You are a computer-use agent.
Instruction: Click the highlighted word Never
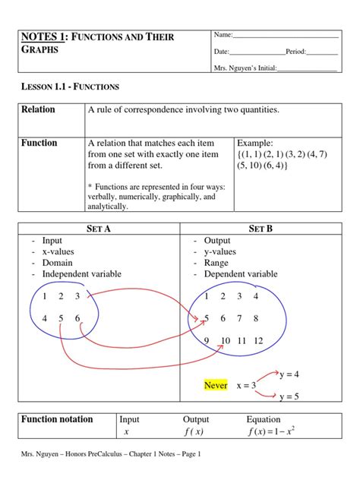point(216,385)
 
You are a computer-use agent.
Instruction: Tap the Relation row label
point(39,109)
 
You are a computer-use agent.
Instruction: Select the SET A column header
point(98,229)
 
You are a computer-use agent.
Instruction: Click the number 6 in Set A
point(78,318)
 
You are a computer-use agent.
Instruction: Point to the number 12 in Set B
point(259,341)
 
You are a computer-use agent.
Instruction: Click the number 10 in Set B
point(226,341)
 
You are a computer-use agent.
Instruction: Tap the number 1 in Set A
point(46,295)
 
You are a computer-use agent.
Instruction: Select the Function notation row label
point(57,418)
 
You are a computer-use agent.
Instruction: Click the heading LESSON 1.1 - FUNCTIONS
point(70,87)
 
